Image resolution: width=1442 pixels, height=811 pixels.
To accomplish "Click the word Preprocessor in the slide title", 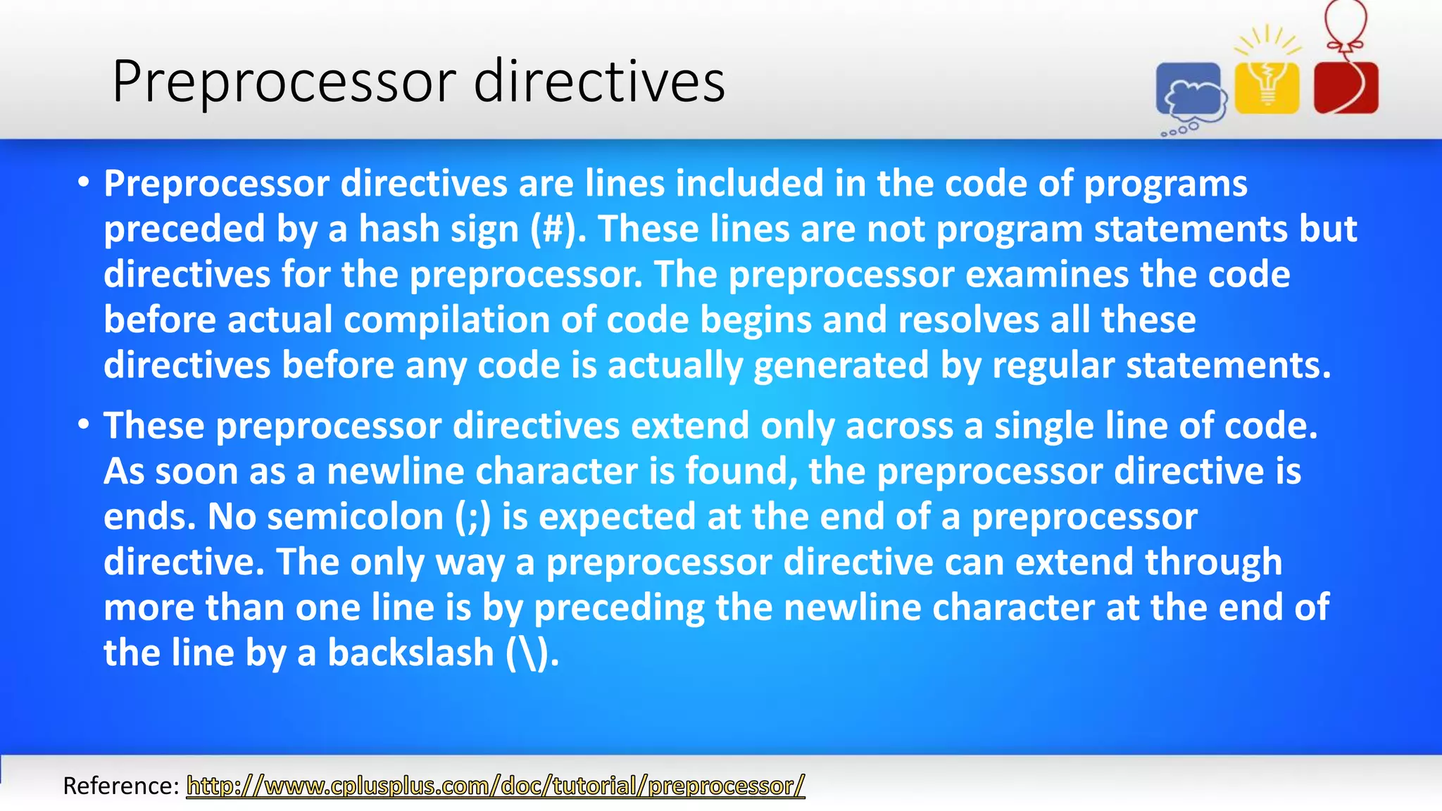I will click(x=285, y=82).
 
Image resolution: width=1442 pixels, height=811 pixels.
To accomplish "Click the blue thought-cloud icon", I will click(x=1191, y=92).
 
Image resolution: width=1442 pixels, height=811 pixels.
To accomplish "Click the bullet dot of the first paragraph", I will click(x=84, y=183).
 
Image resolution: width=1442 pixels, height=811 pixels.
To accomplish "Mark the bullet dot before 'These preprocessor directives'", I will click(x=84, y=425).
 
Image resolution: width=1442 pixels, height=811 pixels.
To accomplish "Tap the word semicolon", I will click(x=356, y=517).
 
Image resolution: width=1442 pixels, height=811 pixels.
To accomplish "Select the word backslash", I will click(x=411, y=653).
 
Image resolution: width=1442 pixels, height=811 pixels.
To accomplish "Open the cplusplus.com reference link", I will click(x=495, y=786).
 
